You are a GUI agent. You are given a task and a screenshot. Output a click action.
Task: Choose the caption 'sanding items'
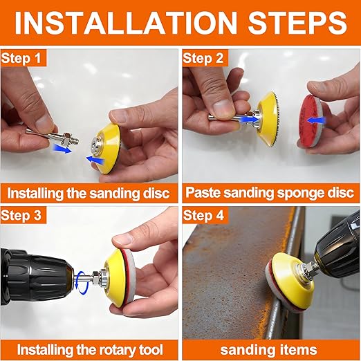(x=270, y=349)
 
